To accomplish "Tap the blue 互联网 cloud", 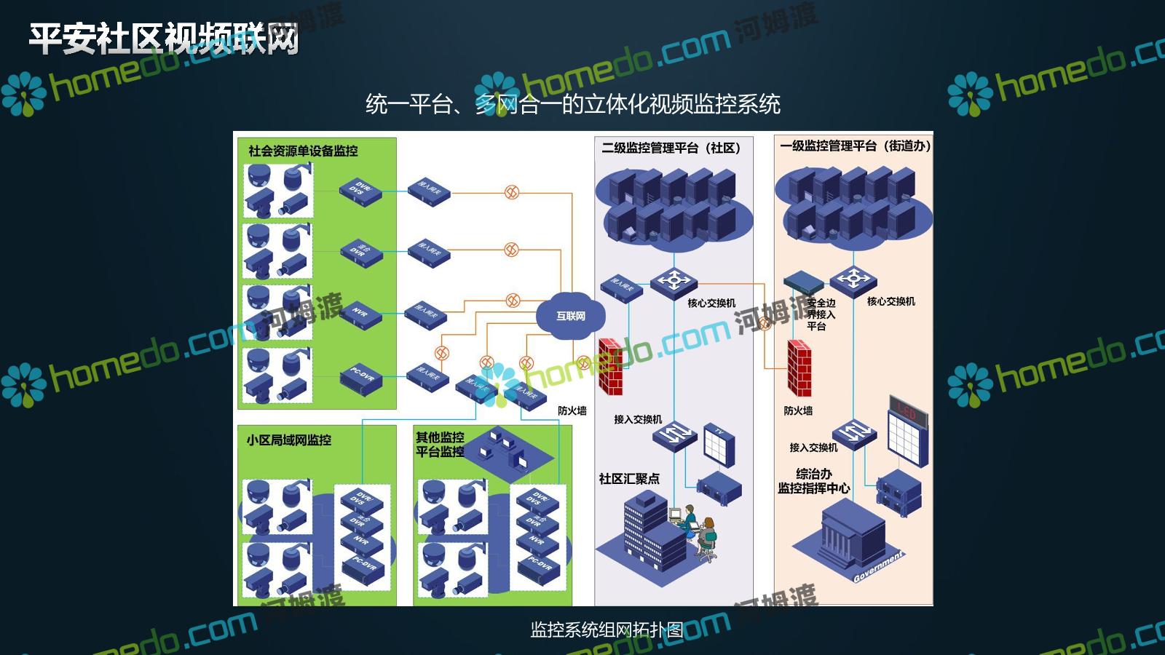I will (x=570, y=315).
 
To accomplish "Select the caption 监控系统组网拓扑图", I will (x=606, y=630).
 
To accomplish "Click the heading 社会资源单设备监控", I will (x=303, y=151).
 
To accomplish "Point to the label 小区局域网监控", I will (x=288, y=440).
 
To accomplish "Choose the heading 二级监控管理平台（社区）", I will (x=671, y=148).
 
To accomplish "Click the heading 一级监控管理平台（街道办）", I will (x=855, y=146).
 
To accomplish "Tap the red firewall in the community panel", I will (x=610, y=367).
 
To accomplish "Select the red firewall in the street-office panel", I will (x=799, y=368).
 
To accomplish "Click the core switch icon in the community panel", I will (x=674, y=281).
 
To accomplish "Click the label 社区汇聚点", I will (x=629, y=479).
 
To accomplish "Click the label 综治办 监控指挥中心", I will (x=813, y=481).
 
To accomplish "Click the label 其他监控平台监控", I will (x=440, y=444).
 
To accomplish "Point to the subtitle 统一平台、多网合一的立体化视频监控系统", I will (x=572, y=104).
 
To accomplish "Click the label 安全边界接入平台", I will (x=821, y=314).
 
